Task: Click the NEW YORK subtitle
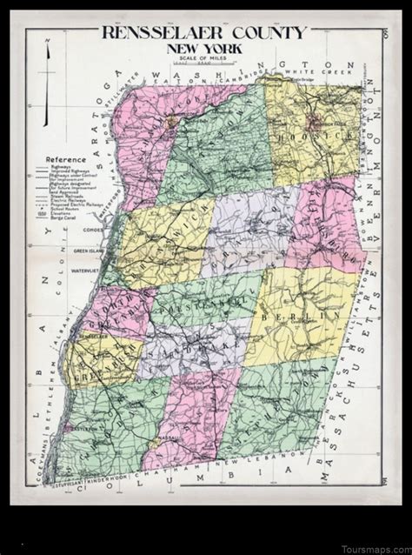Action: pyautogui.click(x=205, y=50)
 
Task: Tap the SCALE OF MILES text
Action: pyautogui.click(x=205, y=61)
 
